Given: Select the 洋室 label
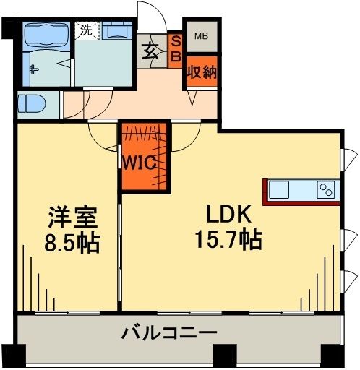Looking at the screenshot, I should point(72,215).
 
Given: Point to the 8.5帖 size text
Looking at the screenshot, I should point(72,240).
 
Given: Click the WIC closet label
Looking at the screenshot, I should point(147,163).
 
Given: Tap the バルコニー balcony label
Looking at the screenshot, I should point(170,334).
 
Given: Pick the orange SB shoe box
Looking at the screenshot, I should point(176,51).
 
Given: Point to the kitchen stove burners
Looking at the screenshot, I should point(325,191).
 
